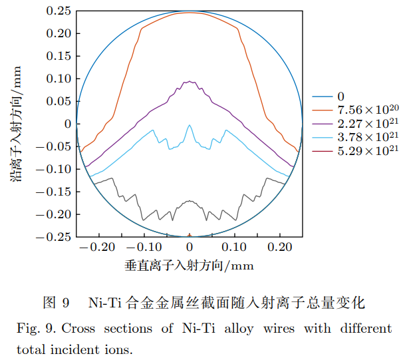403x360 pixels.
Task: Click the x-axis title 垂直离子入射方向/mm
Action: (x=190, y=266)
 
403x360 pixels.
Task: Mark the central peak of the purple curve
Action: (x=190, y=82)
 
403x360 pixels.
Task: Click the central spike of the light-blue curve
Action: (x=190, y=125)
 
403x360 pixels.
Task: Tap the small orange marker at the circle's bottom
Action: (x=190, y=235)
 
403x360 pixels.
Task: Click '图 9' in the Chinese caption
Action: (x=56, y=303)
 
